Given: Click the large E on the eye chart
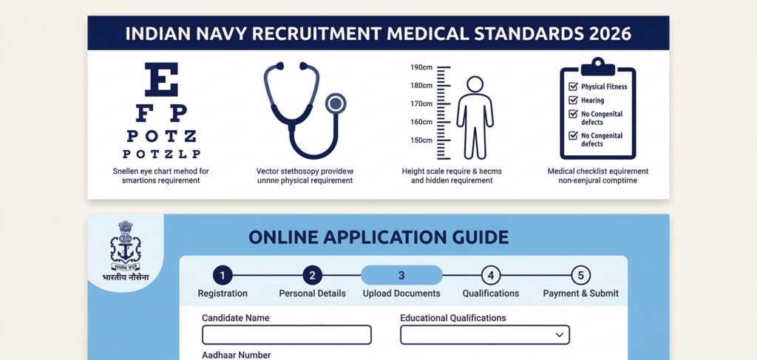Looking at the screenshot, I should coord(162,80).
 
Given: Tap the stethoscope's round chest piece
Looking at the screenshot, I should coord(336,103).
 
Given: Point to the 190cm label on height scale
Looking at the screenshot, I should coord(421,67).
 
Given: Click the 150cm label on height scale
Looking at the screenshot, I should coord(421,140).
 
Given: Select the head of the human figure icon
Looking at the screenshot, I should coord(475,84).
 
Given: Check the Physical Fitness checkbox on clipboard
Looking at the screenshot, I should coord(572,86).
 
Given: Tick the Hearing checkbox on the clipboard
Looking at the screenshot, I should coord(572,100).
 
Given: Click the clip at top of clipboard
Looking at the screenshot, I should coord(598,68).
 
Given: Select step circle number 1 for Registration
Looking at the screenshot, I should coord(223,276).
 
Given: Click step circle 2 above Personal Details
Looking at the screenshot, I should coord(312,276).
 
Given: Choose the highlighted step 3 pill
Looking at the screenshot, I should coord(401,276).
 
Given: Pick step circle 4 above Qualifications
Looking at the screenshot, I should coord(491,276).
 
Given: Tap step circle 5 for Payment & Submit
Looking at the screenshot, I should coord(581,276).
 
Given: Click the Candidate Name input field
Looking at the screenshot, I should coord(286,335).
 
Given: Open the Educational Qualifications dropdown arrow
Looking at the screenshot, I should coord(559,335).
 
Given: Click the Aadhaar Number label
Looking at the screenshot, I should coord(236,355).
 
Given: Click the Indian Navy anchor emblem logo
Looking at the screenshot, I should coord(125,248).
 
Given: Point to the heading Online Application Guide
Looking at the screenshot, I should coord(378,237).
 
